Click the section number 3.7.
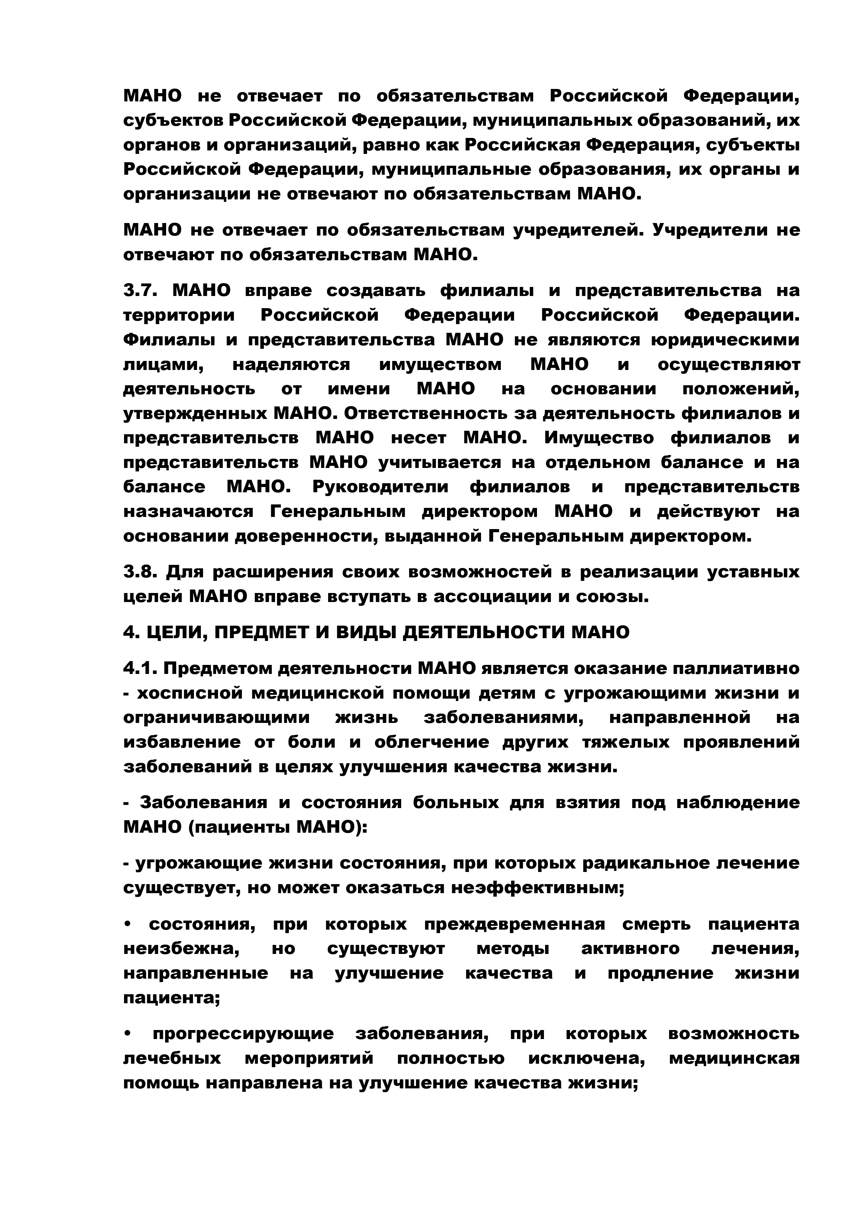tap(140, 291)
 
